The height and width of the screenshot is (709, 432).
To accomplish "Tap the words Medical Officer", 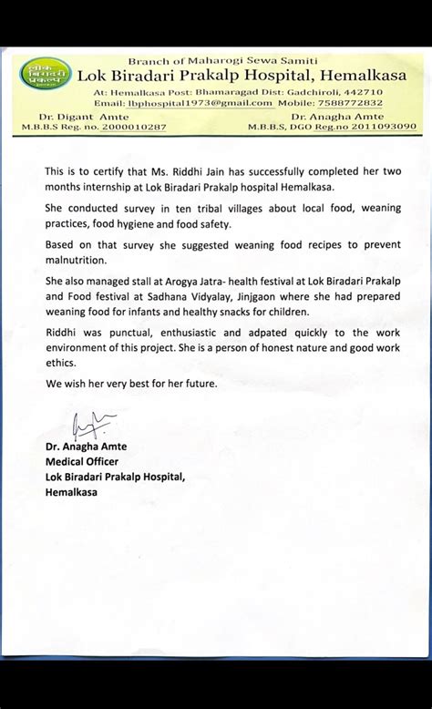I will click(x=77, y=461).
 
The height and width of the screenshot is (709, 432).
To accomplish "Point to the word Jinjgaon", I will click(x=283, y=296).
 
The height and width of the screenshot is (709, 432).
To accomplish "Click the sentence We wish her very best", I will click(x=131, y=383).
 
